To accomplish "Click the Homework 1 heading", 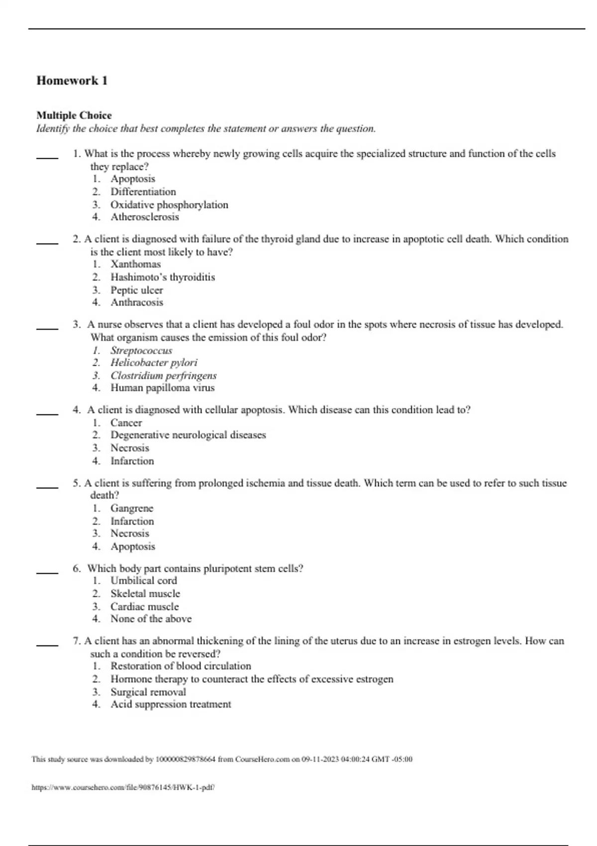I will tap(72, 81).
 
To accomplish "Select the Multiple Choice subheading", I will tap(74, 115).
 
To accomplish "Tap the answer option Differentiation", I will tap(143, 192).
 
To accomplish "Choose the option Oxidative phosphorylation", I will tap(169, 205).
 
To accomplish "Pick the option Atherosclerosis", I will tap(144, 217).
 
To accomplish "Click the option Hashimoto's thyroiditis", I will tap(163, 277).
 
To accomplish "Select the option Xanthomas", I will tap(135, 264).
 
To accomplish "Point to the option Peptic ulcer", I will tap(136, 290).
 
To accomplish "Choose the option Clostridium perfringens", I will tap(163, 376).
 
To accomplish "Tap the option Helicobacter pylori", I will tap(154, 363).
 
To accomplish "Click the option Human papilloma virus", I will tap(162, 388).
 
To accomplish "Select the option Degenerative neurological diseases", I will tap(188, 435).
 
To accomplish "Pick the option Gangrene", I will tap(132, 508).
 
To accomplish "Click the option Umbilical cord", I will tap(143, 581).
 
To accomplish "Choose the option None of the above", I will tap(151, 619).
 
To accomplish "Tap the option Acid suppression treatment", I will tap(171, 704).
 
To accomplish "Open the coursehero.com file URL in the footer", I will tap(123, 788).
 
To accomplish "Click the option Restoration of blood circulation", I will tap(181, 666).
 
